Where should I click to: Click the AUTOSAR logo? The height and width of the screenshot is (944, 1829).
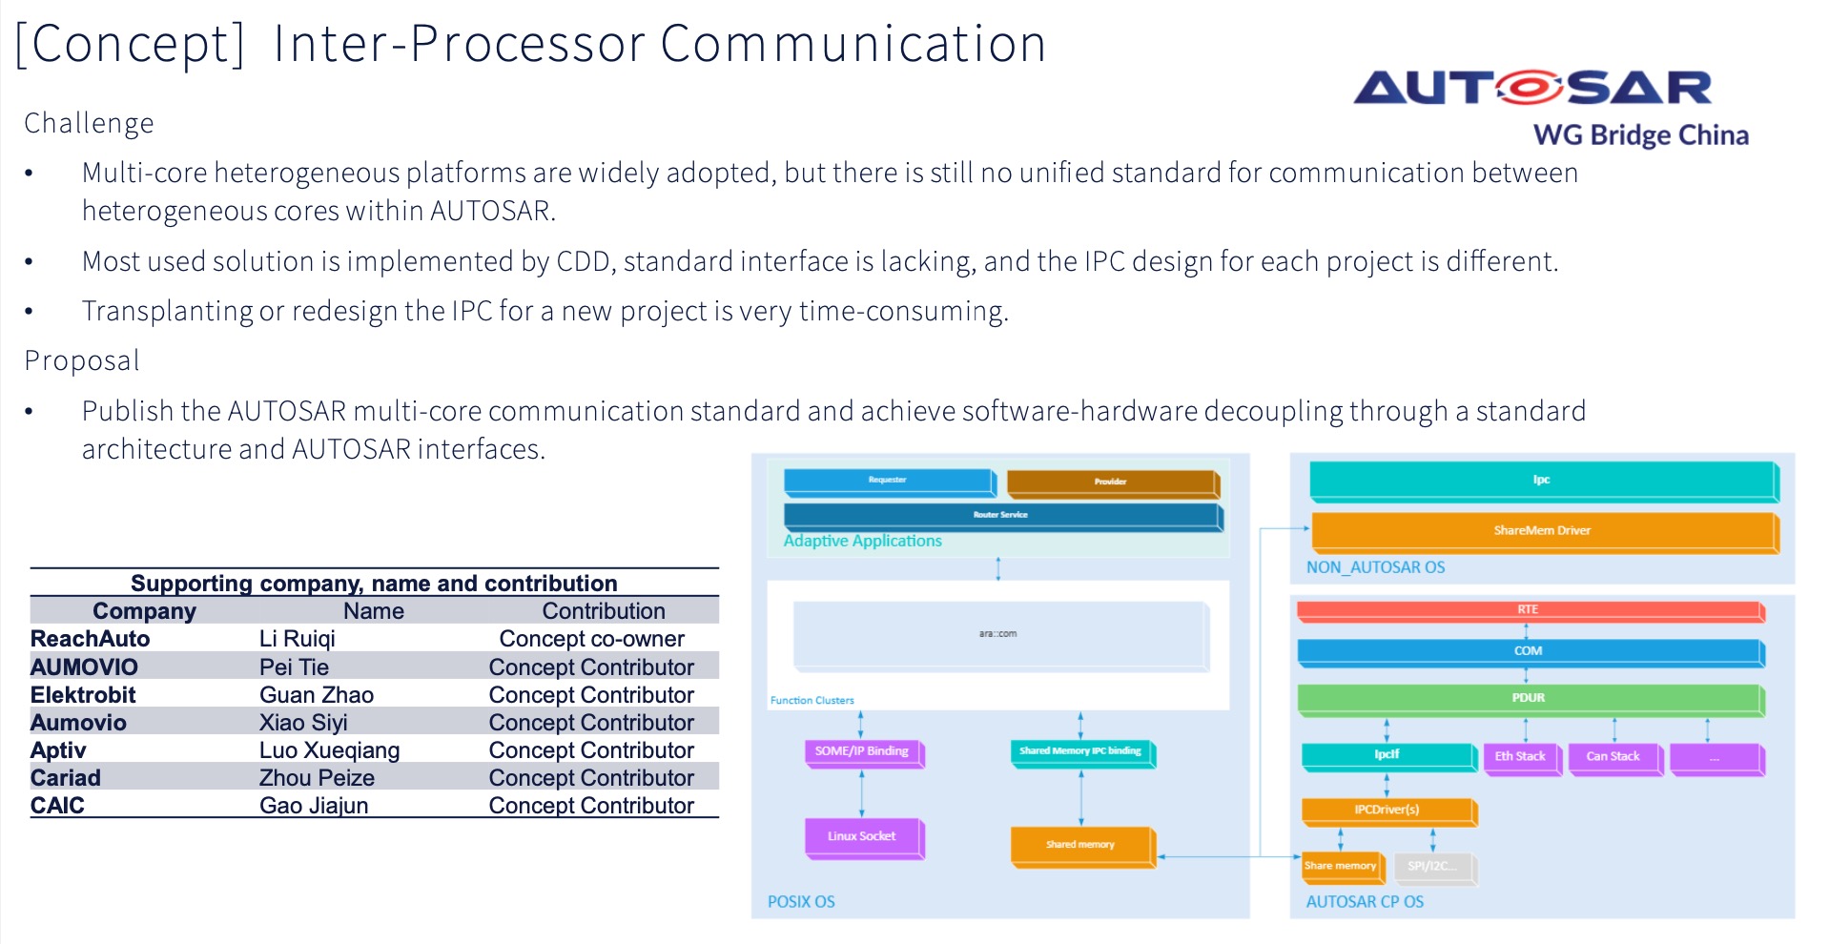pos(1532,89)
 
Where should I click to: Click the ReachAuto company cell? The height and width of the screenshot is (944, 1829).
pos(91,639)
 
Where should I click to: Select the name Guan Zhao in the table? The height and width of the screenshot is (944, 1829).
pos(316,695)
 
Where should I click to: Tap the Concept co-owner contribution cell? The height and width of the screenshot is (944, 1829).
pos(591,639)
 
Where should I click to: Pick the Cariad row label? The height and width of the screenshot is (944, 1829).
pos(66,778)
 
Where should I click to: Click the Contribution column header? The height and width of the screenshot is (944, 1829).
pos(603,611)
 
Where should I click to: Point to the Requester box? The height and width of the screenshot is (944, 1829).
pos(888,481)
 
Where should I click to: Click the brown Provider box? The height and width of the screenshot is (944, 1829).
pos(1111,482)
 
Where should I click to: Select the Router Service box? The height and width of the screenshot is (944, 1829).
pos(1000,515)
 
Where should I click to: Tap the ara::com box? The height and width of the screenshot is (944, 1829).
pos(998,634)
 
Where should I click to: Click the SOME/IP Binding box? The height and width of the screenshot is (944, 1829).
pos(862,751)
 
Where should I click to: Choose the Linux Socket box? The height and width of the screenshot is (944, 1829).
pos(862,836)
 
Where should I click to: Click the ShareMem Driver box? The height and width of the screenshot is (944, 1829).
pos(1542,530)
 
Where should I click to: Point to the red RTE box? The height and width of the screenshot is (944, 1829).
pos(1528,609)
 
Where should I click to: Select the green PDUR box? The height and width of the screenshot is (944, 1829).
pos(1528,698)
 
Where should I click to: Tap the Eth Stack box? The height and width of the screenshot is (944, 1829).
pos(1520,756)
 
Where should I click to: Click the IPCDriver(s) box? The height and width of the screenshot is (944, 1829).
pos(1387,810)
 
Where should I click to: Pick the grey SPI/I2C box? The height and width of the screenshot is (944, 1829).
pos(1432,866)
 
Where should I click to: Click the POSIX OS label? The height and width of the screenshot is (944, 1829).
pos(801,902)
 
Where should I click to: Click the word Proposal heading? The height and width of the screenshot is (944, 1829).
pos(82,361)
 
